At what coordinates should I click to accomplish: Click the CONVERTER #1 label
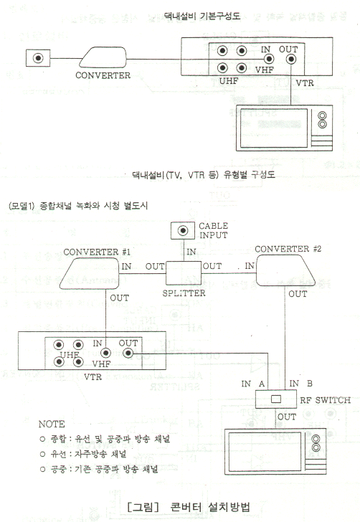click(97, 252)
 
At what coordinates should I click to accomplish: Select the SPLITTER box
click(184, 272)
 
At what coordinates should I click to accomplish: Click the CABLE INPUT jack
click(182, 230)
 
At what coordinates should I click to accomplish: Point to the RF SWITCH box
click(276, 399)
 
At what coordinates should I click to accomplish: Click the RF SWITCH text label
click(325, 400)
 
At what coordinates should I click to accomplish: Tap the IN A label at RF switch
click(252, 384)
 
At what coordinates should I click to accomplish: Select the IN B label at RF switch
click(300, 384)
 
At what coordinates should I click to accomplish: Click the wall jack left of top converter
click(38, 58)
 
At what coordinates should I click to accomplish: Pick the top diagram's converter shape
click(103, 57)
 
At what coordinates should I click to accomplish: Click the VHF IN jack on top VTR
click(269, 60)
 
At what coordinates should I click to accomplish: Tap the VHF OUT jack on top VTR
click(291, 60)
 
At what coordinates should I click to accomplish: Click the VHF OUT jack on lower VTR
click(128, 353)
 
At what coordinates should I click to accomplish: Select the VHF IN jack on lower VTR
click(105, 353)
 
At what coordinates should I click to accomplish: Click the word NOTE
click(52, 424)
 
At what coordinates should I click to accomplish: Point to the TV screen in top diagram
click(274, 128)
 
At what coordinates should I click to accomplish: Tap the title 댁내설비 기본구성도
click(202, 16)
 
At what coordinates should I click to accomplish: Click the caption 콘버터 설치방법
click(210, 507)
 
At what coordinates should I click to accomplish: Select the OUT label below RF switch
click(287, 417)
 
